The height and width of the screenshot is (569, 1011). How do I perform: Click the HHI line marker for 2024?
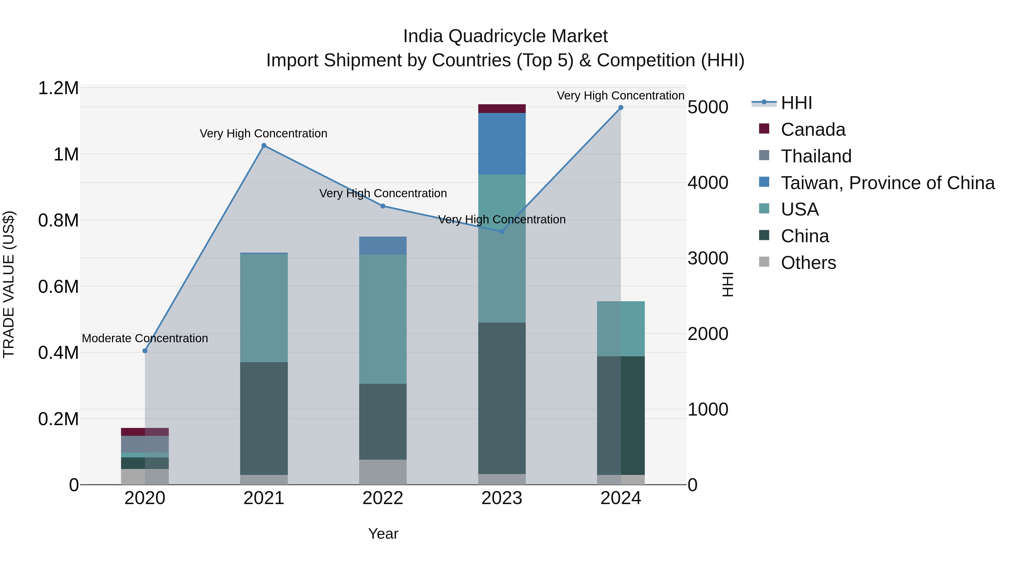point(620,108)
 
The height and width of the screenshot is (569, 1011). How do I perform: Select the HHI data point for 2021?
point(264,146)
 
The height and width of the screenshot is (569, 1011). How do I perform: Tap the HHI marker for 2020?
point(145,351)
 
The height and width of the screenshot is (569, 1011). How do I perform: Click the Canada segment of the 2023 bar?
point(502,109)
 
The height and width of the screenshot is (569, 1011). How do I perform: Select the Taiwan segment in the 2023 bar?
point(502,144)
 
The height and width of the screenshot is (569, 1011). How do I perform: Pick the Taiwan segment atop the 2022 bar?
point(383,245)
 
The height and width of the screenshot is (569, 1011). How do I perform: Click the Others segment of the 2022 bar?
point(383,472)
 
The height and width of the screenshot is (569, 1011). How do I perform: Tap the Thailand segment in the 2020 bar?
point(145,444)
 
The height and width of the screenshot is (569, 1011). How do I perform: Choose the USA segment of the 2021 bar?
point(264,308)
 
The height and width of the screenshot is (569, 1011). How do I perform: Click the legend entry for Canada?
point(812,130)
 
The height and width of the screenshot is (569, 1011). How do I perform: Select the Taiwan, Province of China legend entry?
point(887,183)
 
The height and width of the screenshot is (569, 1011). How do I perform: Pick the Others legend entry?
point(808,263)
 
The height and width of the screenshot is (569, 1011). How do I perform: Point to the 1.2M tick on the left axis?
point(58,88)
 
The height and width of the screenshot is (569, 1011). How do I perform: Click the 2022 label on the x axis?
point(383,498)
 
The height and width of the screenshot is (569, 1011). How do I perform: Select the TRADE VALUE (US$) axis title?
point(9,284)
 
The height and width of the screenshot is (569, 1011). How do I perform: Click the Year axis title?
point(383,534)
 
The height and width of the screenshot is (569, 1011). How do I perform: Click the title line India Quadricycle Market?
point(505,36)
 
